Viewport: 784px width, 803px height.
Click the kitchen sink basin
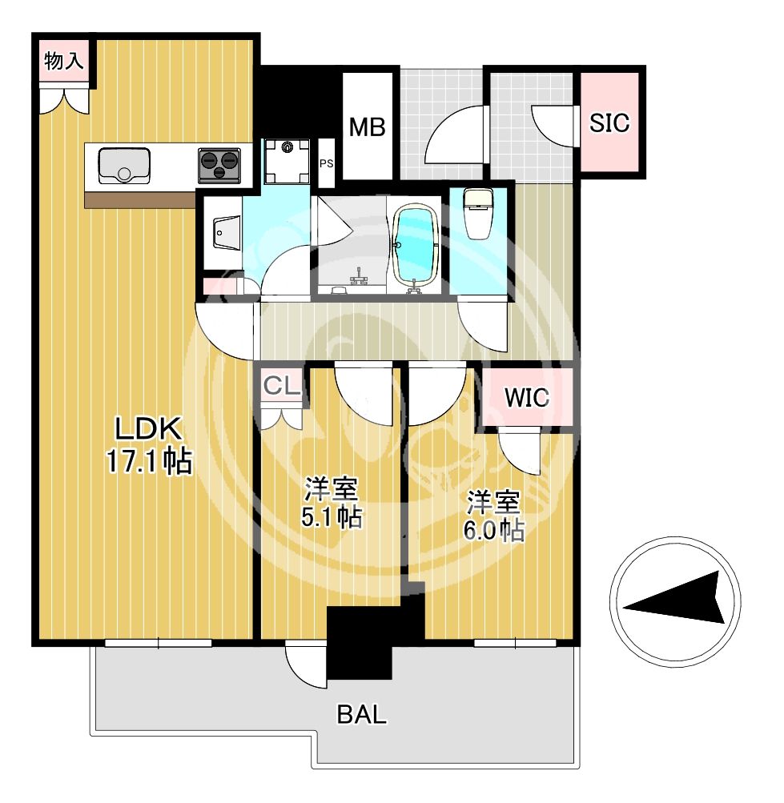click(x=124, y=166)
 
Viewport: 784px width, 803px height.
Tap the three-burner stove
click(x=219, y=166)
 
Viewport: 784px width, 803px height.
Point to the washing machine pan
click(x=287, y=161)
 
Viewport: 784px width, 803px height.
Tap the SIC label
click(x=609, y=123)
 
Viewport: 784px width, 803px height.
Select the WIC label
click(x=527, y=398)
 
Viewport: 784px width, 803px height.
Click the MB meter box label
click(x=367, y=127)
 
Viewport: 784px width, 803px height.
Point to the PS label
click(x=327, y=164)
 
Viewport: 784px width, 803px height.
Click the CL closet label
click(x=281, y=386)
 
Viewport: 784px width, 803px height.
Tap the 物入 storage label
click(x=64, y=61)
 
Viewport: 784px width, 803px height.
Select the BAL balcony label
click(x=362, y=714)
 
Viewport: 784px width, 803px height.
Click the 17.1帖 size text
click(x=149, y=460)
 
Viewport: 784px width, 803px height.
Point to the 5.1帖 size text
click(x=332, y=516)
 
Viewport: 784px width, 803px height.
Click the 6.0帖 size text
click(x=494, y=530)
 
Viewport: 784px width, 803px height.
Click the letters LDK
click(x=148, y=428)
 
